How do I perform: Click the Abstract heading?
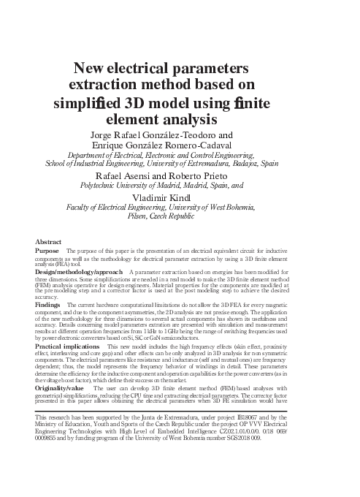tap(48, 241)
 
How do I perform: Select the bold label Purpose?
tap(47, 251)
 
